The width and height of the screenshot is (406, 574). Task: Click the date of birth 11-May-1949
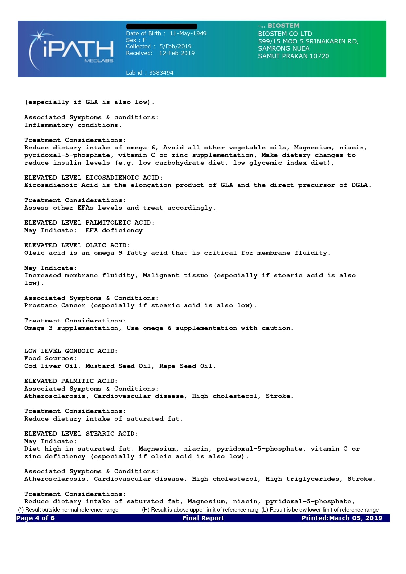pyautogui.click(x=188, y=33)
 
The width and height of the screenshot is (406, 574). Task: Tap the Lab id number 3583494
pyautogui.click(x=161, y=73)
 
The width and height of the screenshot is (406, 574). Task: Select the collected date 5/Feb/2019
pyautogui.click(x=175, y=46)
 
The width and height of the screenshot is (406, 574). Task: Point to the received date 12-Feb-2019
pyautogui.click(x=177, y=53)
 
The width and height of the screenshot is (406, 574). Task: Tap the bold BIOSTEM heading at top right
pyautogui.click(x=283, y=26)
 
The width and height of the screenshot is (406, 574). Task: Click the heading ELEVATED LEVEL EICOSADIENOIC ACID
pyautogui.click(x=93, y=178)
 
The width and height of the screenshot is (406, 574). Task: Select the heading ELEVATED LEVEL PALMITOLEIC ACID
pyautogui.click(x=89, y=223)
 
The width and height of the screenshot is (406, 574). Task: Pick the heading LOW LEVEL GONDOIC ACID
pyautogui.click(x=71, y=351)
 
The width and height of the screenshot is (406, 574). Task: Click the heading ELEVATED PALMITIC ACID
pyautogui.click(x=71, y=381)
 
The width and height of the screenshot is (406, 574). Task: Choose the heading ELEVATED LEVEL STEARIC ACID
pyautogui.click(x=81, y=434)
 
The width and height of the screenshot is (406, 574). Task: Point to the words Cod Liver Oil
pyautogui.click(x=51, y=366)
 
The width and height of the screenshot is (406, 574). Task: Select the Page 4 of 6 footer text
pyautogui.click(x=35, y=518)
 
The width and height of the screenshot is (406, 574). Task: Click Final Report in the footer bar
pyautogui.click(x=203, y=518)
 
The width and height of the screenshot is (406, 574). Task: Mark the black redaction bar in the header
pyautogui.click(x=162, y=26)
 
